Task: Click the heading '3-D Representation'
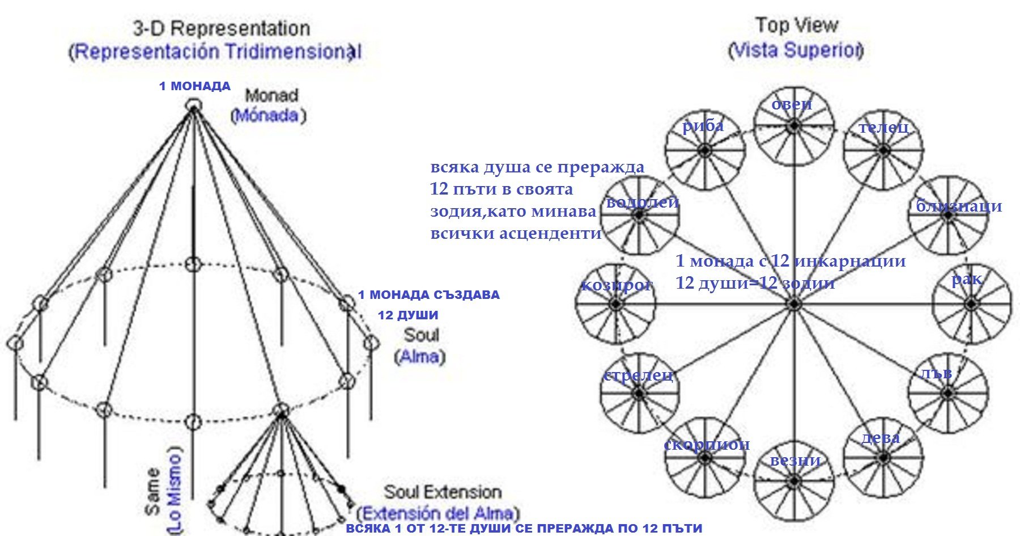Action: [221, 28]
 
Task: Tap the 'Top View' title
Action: [796, 26]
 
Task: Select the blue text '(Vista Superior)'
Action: [796, 50]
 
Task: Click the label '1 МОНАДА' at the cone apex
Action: [194, 86]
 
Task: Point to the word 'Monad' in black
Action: [271, 95]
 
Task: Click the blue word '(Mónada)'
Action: [268, 116]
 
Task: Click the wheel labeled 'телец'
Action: [883, 150]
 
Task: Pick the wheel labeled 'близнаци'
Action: [948, 216]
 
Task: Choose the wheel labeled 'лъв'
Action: [948, 393]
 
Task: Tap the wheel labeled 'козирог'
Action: [615, 305]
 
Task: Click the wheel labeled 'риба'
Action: [704, 150]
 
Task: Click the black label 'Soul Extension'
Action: [443, 492]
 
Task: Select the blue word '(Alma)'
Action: [420, 357]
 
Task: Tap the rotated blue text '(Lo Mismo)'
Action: [175, 491]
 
